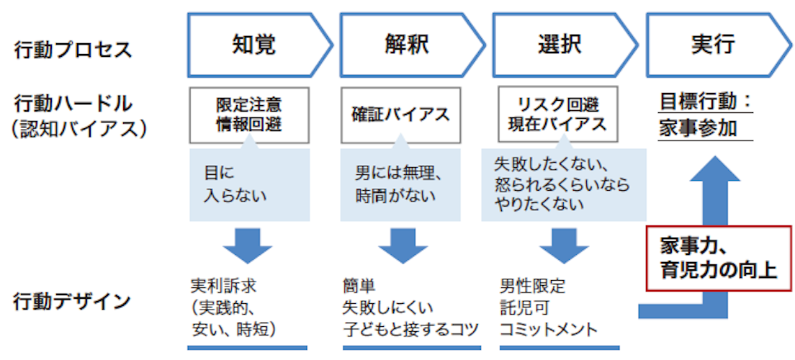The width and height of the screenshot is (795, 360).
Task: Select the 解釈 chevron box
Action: (x=406, y=45)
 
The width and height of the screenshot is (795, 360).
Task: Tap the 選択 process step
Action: (x=559, y=45)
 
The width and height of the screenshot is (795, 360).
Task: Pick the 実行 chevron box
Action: (x=713, y=45)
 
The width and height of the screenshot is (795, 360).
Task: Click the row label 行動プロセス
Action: (x=73, y=50)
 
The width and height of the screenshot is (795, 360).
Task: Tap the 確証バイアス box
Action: (x=400, y=114)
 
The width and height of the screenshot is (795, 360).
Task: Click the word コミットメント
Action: (x=548, y=330)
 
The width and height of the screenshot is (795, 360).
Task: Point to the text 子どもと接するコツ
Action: (x=410, y=330)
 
